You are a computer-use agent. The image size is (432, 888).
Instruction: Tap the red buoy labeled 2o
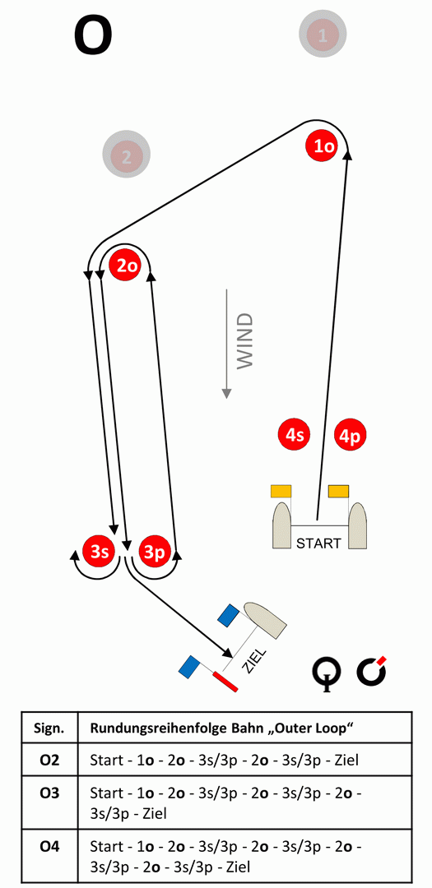tap(127, 265)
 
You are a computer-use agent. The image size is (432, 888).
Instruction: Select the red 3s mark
tap(99, 551)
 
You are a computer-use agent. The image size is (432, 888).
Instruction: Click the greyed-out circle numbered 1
tap(323, 35)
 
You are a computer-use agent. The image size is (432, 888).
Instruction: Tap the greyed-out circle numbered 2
tap(126, 155)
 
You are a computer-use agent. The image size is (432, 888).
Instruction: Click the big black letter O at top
tap(93, 35)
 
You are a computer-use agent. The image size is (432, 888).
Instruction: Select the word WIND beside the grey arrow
tap(244, 341)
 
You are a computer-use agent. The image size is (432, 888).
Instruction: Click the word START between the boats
tap(319, 543)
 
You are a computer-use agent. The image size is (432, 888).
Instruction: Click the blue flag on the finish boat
tap(229, 615)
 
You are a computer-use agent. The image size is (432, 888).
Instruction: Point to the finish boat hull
tap(265, 620)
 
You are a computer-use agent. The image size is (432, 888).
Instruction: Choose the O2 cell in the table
tap(50, 760)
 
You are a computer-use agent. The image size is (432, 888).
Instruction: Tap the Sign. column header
tap(50, 728)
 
